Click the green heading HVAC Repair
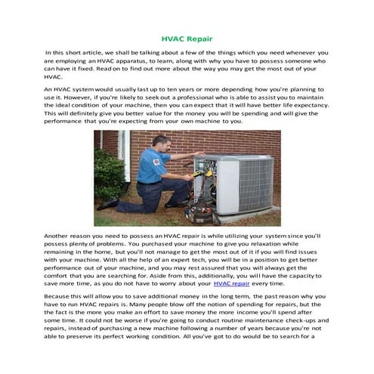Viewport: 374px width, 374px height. pos(187,37)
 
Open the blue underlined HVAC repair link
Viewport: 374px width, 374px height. pos(232,285)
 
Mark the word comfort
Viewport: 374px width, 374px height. pos(60,276)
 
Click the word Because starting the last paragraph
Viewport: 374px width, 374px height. pos(60,298)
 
